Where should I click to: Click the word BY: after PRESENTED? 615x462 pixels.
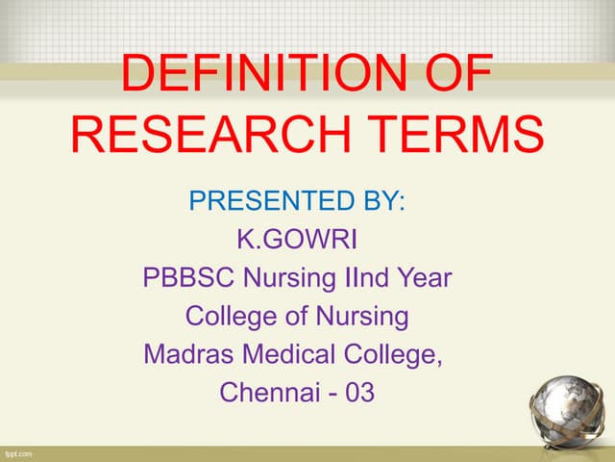coord(379,203)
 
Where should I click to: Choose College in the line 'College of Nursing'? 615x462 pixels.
coord(228,316)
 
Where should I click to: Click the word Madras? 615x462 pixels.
coord(186,353)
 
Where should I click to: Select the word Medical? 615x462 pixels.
coord(284,353)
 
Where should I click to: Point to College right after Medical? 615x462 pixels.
coord(394,354)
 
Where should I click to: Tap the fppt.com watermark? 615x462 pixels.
coord(19,452)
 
